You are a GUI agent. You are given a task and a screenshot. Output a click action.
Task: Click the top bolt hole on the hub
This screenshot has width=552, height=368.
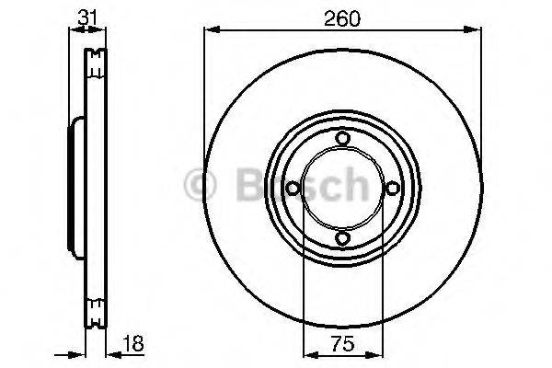click(342, 138)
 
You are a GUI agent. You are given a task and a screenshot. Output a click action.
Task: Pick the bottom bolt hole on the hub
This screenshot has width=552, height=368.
click(342, 239)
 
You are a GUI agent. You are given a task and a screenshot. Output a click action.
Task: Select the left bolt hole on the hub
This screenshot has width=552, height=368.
click(292, 189)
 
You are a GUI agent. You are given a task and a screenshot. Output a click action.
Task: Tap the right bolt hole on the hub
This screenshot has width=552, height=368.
click(393, 189)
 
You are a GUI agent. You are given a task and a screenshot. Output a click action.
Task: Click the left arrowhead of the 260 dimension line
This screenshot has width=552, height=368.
click(208, 32)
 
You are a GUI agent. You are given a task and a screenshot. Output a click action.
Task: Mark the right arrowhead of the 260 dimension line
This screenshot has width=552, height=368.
click(477, 32)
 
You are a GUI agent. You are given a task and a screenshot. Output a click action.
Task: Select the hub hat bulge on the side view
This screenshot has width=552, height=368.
click(73, 189)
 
